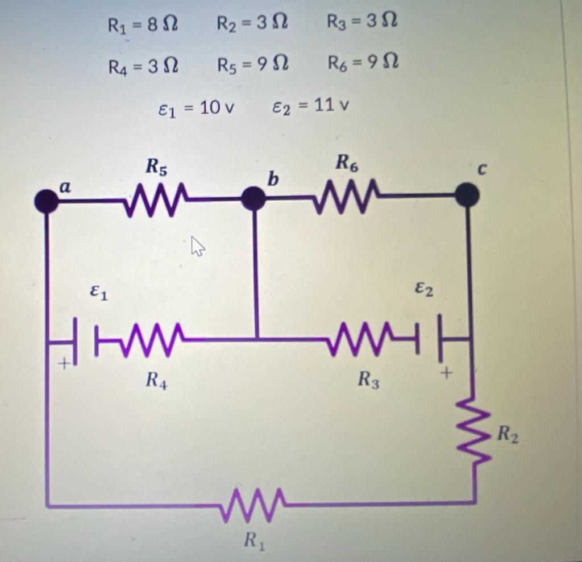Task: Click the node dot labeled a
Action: [47, 201]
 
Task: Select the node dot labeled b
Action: [253, 199]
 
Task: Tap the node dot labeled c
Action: [467, 195]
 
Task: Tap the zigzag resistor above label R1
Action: [253, 504]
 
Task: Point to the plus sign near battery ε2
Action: [447, 373]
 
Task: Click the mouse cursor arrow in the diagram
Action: [197, 247]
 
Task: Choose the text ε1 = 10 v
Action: [196, 107]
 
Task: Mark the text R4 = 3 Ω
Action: [143, 66]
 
